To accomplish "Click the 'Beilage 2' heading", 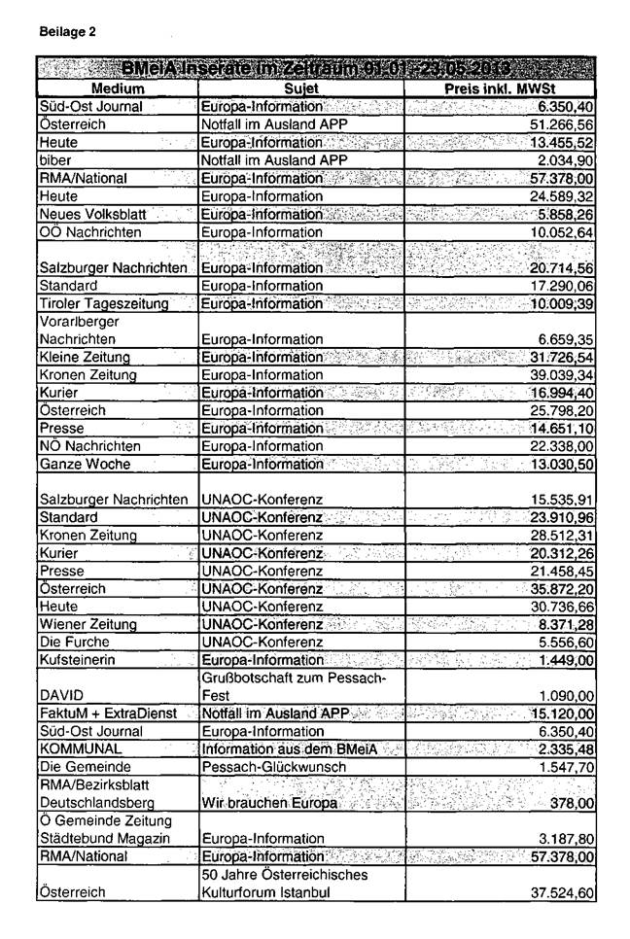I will point(68,32).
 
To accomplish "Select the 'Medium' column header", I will point(117,87).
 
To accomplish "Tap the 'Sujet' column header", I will point(300,87).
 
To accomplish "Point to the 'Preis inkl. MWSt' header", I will point(499,87).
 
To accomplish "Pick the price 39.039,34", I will point(548,375).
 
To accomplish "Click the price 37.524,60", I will point(548,893).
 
